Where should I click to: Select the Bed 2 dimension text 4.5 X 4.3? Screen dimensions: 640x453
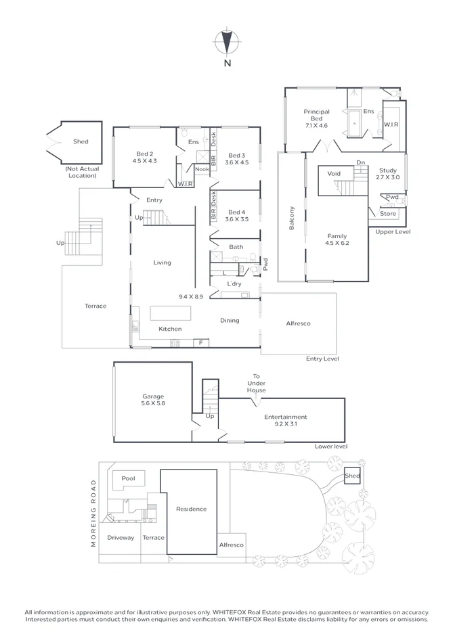(x=144, y=161)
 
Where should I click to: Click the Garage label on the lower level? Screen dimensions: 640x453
(x=153, y=397)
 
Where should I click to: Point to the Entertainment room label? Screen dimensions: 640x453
(x=285, y=417)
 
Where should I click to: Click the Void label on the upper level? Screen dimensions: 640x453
(x=334, y=173)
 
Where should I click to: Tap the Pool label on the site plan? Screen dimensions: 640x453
(x=129, y=478)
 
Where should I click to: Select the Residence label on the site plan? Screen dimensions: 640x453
(x=191, y=509)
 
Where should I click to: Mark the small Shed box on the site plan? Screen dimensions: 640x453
(x=352, y=476)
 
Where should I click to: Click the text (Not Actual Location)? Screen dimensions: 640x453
(x=81, y=172)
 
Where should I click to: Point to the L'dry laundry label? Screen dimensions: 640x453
(x=234, y=283)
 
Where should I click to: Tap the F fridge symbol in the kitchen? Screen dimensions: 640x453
(x=200, y=343)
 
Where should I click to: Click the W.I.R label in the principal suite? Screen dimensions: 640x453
(x=391, y=124)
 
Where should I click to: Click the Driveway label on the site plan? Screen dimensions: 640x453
(x=121, y=538)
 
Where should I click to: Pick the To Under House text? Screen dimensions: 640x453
(x=257, y=383)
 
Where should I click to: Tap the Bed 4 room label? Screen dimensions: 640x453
(x=235, y=212)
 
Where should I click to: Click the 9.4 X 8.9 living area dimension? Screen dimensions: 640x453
(x=192, y=296)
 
